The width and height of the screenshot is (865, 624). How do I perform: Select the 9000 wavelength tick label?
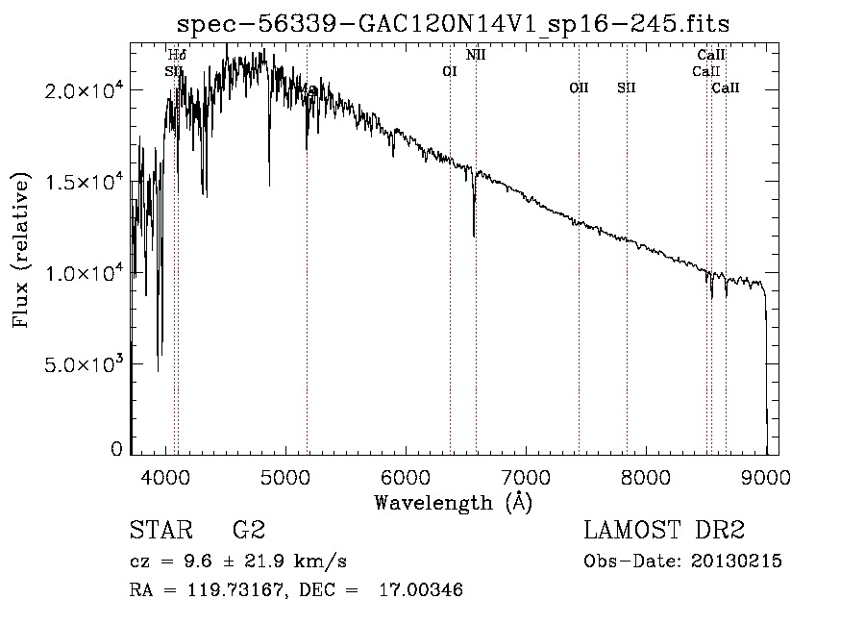tap(766, 474)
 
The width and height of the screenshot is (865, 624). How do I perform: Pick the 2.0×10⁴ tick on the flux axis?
tap(83, 90)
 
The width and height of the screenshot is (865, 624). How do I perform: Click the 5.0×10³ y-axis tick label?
tap(83, 364)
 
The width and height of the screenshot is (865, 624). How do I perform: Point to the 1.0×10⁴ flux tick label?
tap(83, 273)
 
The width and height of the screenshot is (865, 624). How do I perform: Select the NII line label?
tap(476, 55)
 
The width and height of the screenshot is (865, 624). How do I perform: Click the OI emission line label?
tap(449, 71)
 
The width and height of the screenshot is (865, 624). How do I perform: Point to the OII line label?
tap(579, 88)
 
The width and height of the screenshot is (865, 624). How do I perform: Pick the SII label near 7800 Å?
tap(627, 88)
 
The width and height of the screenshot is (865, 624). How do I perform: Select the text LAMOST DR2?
tap(664, 530)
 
